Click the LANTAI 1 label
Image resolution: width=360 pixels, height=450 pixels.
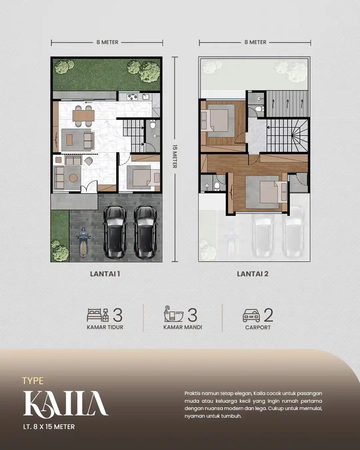105,274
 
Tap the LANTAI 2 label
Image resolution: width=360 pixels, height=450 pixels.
253,274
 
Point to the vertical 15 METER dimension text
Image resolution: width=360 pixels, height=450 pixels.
174,156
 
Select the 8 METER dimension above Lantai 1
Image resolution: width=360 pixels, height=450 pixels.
107,42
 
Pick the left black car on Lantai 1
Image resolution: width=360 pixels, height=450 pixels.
115,232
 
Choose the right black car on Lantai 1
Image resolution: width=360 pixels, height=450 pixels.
145,232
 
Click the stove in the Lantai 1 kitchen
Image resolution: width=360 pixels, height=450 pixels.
132,97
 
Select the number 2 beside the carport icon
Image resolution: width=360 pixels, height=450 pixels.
268,315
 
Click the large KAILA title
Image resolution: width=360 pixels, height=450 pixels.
65,404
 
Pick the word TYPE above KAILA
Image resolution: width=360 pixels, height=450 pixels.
33,381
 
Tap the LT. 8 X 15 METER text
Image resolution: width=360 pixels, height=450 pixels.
49,427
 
